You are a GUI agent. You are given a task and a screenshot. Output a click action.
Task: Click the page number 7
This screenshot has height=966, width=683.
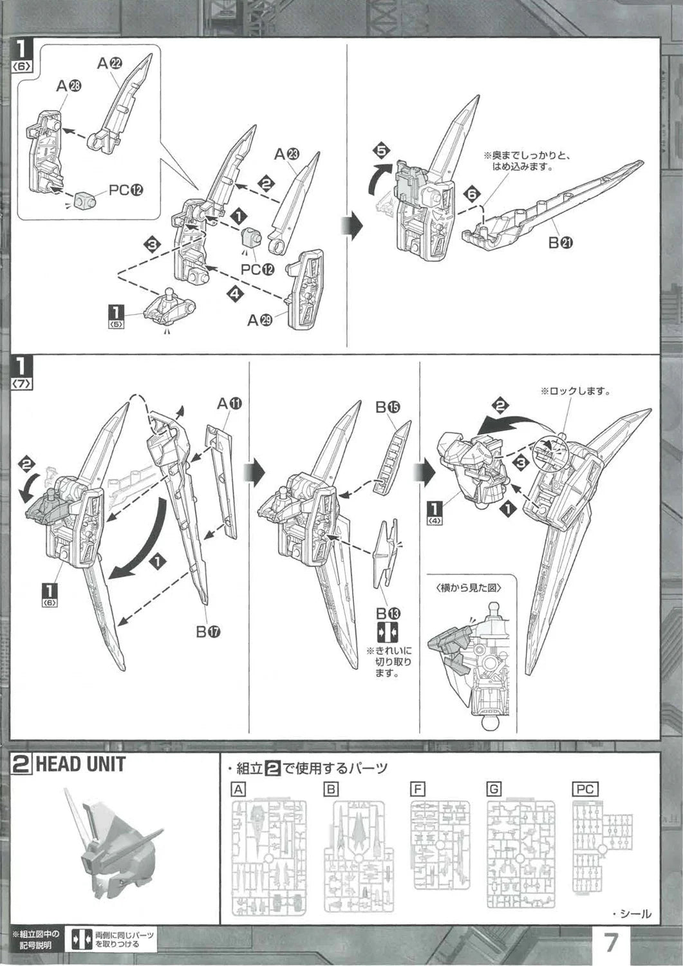[612, 944]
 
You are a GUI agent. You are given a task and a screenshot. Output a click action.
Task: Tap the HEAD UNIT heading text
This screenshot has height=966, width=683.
[80, 765]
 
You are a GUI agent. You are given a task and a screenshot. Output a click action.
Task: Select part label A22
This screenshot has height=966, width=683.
[110, 63]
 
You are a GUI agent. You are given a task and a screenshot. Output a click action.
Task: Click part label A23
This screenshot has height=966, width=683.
[287, 155]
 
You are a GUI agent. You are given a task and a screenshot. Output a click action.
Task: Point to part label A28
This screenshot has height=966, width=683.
[68, 88]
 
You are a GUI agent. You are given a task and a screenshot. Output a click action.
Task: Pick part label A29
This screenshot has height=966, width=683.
[262, 320]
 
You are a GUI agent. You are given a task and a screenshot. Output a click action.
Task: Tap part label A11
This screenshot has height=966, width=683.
[230, 404]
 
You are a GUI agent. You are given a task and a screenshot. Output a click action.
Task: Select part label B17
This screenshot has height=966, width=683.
[209, 632]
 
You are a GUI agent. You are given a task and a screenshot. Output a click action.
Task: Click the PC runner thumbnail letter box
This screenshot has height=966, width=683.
[585, 790]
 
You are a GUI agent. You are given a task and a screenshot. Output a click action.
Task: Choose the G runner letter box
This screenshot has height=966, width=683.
[494, 790]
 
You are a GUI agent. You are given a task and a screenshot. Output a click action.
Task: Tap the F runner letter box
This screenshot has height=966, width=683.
[417, 790]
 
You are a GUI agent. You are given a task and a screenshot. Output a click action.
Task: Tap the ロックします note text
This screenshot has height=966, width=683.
[574, 391]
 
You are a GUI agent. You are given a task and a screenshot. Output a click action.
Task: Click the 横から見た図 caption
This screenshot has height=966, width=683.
[467, 587]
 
